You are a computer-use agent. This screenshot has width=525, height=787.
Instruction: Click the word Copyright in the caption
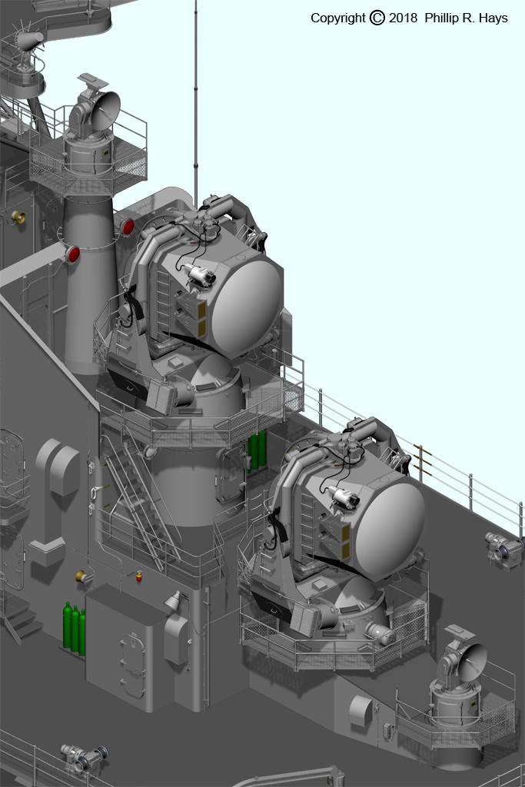tap(337, 18)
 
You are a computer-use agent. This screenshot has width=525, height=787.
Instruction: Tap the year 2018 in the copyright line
tap(403, 18)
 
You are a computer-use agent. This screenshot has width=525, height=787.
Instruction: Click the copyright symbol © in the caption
tap(377, 18)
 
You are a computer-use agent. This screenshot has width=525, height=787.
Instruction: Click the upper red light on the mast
tap(128, 227)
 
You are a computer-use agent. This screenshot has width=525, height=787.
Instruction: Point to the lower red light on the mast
tap(73, 254)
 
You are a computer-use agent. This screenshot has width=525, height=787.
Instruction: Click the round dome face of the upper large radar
tap(247, 301)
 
